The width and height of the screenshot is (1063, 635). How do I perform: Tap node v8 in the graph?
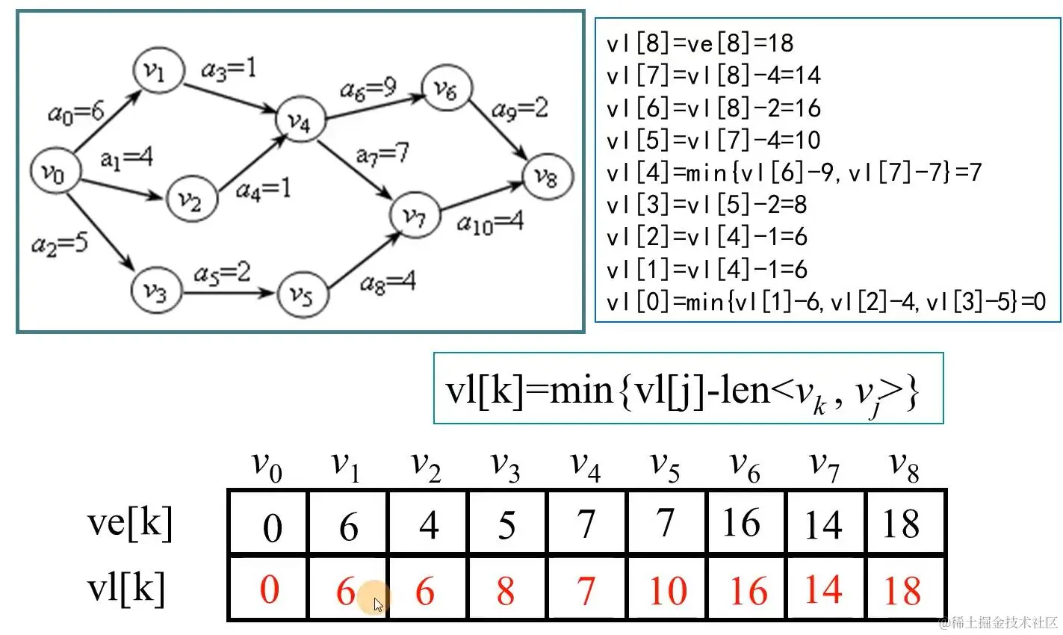(548, 176)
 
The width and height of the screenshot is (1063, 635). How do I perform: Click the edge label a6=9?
(368, 90)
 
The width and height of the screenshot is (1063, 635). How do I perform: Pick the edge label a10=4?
(489, 222)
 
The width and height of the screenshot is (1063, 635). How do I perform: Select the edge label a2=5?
(60, 244)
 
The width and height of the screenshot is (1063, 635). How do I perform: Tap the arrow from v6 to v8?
(500, 134)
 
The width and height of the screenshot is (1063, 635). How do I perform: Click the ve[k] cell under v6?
(741, 523)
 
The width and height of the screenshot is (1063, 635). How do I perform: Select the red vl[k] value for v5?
(667, 591)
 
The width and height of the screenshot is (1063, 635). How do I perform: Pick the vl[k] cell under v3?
(506, 591)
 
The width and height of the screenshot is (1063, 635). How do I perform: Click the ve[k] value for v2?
(428, 525)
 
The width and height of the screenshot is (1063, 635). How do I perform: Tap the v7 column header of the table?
(824, 466)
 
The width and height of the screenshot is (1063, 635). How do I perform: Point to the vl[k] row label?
(125, 588)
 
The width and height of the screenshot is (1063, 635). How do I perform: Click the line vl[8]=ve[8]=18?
(699, 43)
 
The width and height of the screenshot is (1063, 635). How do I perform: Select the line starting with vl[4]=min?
(793, 173)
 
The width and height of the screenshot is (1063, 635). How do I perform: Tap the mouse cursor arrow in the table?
(378, 604)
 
